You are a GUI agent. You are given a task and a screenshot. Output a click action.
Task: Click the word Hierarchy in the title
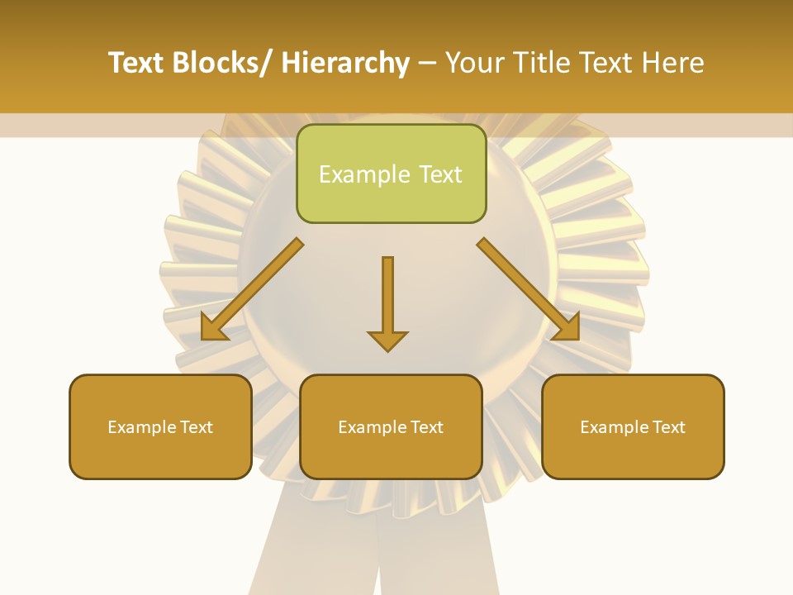click(344, 64)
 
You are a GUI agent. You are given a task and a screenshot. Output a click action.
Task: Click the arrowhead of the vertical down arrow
click(387, 340)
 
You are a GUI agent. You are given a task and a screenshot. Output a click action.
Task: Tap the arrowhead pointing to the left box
click(213, 328)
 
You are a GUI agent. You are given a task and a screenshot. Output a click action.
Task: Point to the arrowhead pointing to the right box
click(567, 328)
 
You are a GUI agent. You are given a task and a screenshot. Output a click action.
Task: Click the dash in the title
click(427, 64)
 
